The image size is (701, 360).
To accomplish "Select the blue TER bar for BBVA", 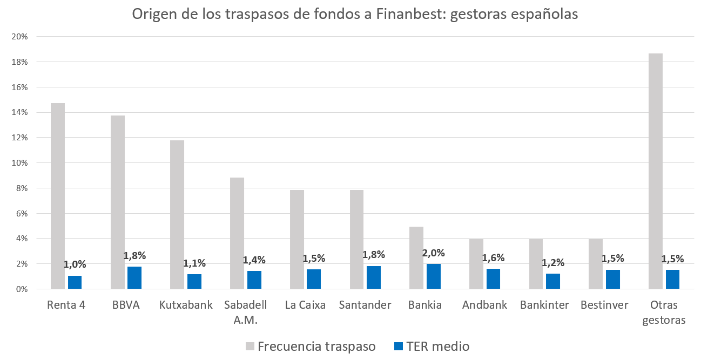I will point(134,278).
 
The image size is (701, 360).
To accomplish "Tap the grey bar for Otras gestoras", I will point(655,171).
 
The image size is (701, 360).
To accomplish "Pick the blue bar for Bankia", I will point(433,276).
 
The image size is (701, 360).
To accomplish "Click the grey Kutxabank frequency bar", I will point(177,215).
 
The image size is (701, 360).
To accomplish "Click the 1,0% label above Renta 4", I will point(75,264).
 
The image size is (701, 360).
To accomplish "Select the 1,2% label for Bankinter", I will point(553,263).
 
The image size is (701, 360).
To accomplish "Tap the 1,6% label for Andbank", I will point(493,258).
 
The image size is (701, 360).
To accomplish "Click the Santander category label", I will point(365,305).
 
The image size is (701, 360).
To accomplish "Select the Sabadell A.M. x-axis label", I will point(246,313).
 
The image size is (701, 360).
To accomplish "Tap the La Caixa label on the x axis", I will point(305,305).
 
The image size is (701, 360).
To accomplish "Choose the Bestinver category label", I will point(604,305).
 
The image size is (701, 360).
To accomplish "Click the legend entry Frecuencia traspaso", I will point(310,347).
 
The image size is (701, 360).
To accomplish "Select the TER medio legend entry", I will point(432,347).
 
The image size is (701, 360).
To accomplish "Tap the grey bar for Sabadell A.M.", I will point(237,233).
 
